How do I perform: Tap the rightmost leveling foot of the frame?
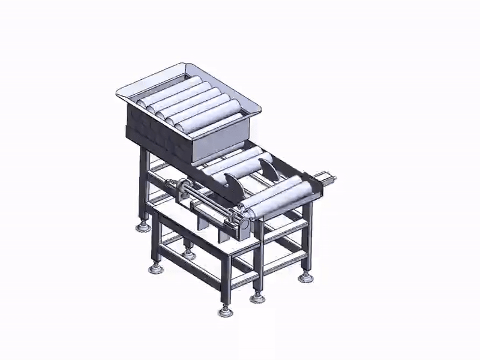(305, 277)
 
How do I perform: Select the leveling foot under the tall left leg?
(143, 227)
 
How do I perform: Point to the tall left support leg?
(145, 186)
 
